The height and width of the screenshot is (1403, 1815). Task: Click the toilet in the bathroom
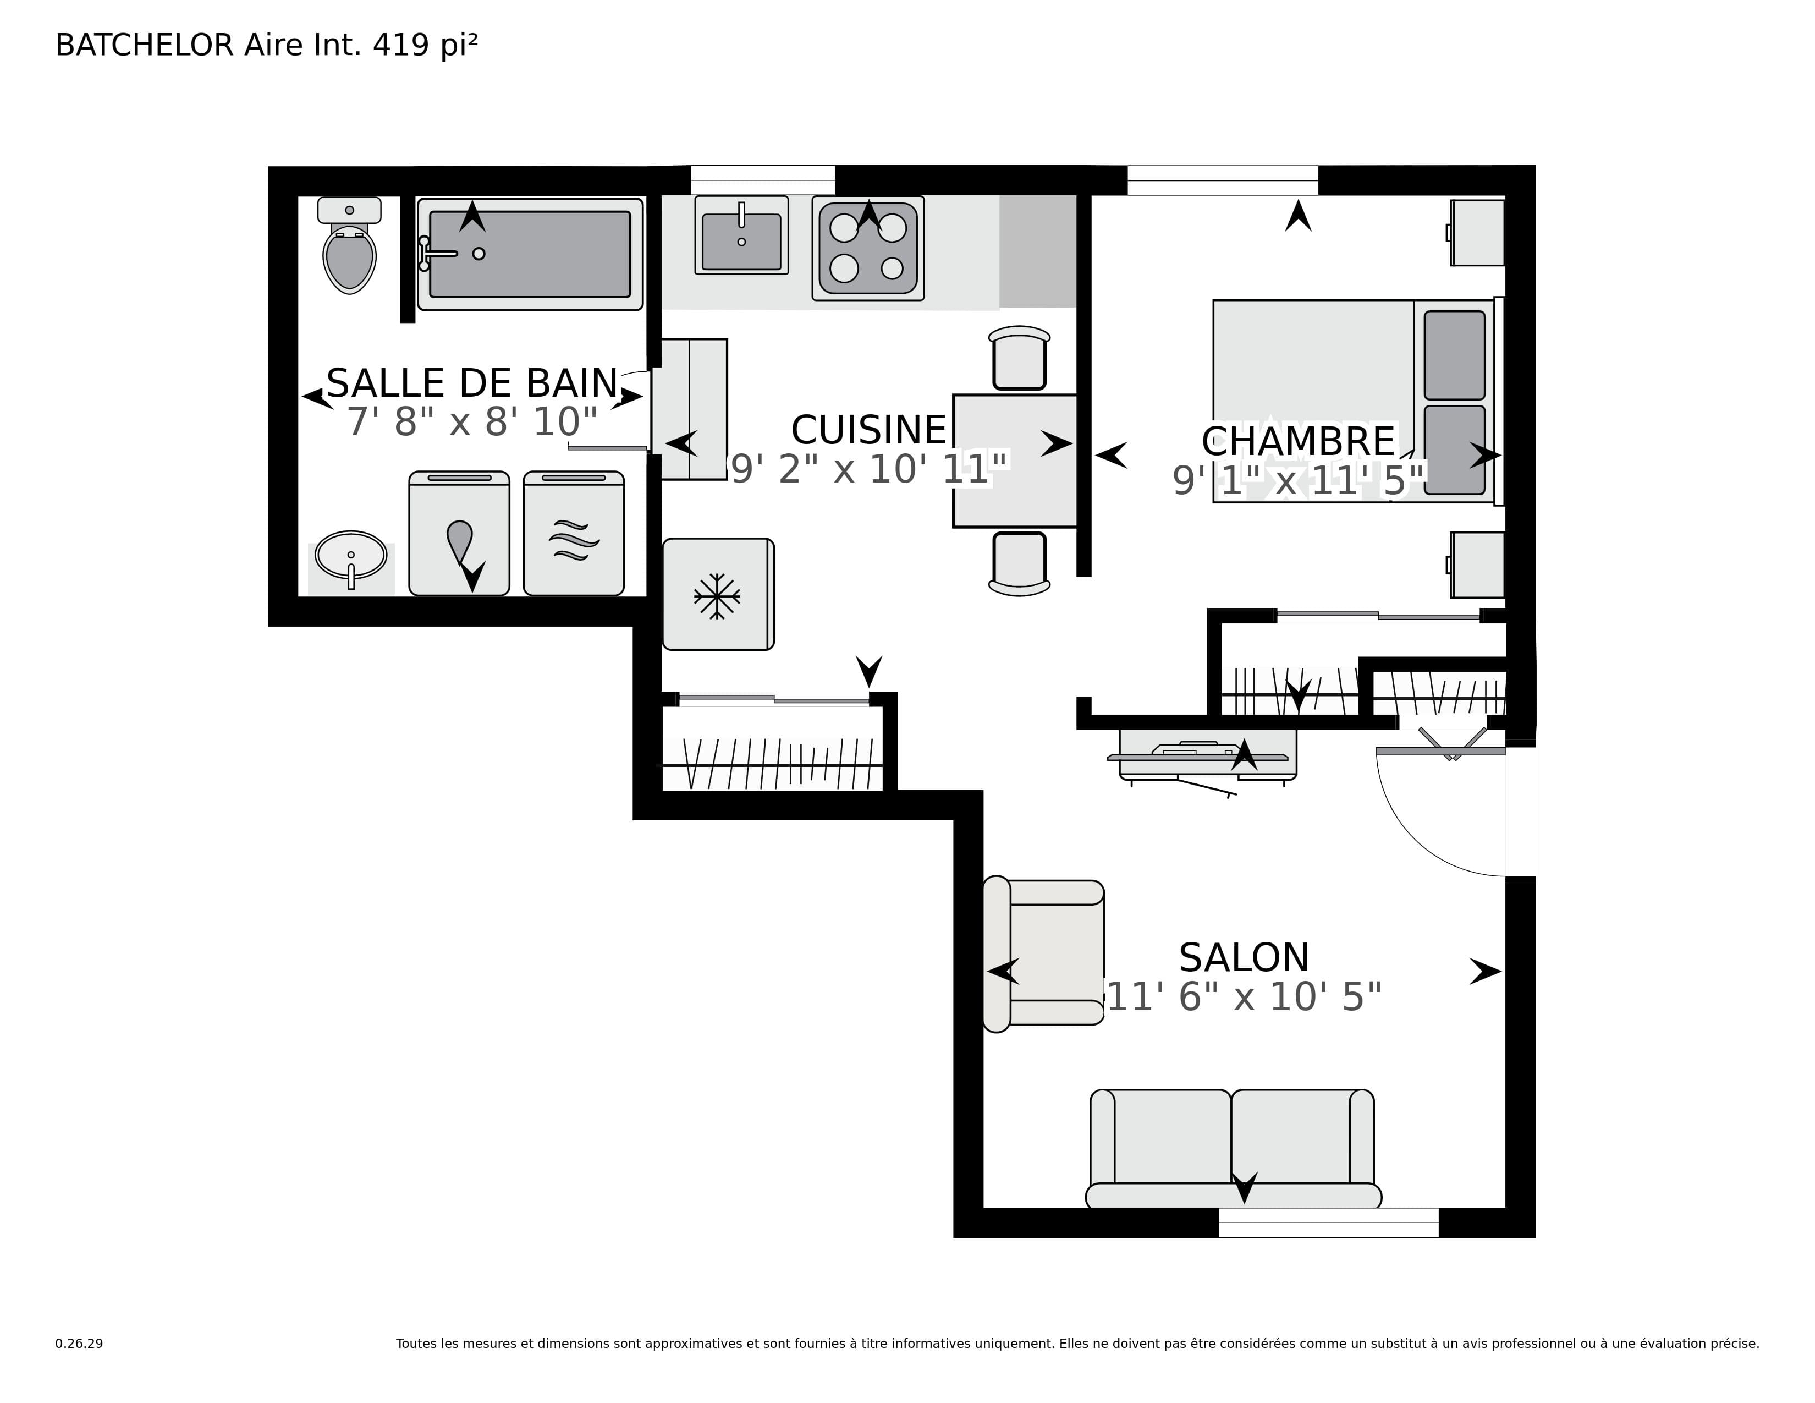[349, 245]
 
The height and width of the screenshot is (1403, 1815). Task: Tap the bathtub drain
[479, 254]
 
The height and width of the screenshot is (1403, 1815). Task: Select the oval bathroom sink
[351, 555]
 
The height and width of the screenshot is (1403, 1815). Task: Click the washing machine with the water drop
[459, 534]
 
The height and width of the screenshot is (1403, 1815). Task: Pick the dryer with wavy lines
[574, 534]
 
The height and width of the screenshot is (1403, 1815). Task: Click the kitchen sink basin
[741, 241]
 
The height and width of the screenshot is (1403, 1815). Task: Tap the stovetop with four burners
[868, 248]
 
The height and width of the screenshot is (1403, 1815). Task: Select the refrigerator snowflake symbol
[716, 596]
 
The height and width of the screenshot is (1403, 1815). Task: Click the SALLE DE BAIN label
[472, 383]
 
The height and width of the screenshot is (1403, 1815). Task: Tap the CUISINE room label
[868, 430]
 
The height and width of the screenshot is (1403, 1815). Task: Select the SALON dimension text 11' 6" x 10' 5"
[1244, 996]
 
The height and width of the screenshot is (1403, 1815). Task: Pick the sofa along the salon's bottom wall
[1233, 1149]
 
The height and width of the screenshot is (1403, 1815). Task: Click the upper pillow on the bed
[1454, 355]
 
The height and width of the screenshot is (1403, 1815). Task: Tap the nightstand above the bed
[1477, 233]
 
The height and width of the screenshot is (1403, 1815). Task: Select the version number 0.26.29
[79, 1343]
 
